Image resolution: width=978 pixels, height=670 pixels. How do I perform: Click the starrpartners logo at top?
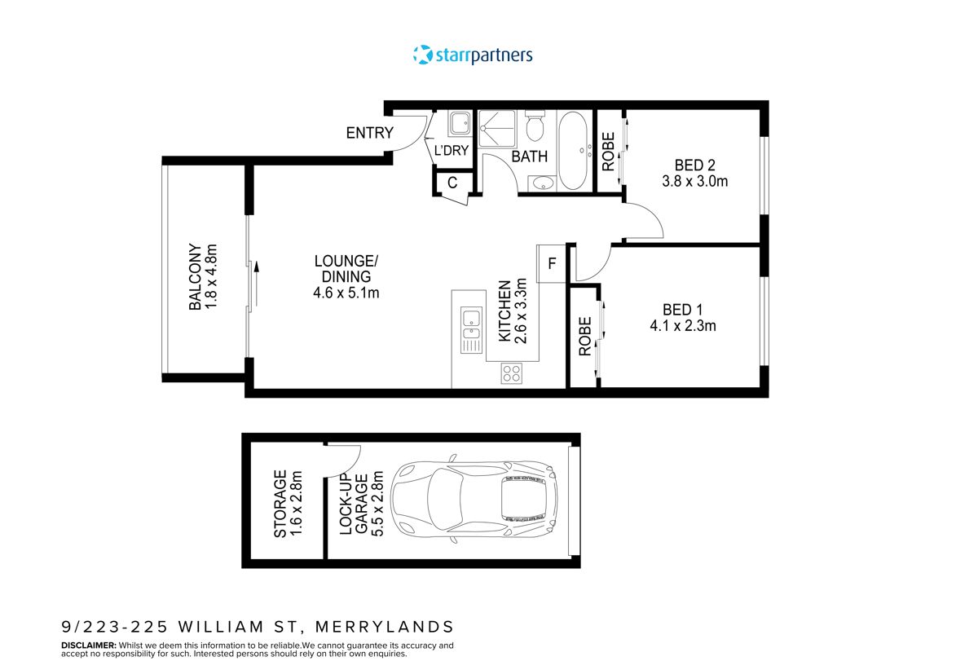(x=473, y=55)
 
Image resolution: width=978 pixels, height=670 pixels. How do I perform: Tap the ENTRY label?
(x=369, y=134)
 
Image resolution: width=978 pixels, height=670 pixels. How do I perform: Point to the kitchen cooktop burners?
(x=512, y=374)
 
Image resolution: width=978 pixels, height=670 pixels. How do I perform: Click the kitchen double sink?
(x=470, y=324)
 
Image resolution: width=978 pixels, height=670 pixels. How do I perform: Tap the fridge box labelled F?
(x=552, y=263)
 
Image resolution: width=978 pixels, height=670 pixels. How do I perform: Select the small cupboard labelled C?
(x=452, y=184)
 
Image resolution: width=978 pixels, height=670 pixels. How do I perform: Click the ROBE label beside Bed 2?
(x=608, y=152)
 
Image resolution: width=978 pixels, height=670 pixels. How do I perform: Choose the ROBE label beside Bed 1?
(x=584, y=337)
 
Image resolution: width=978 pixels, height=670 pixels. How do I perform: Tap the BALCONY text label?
(x=195, y=277)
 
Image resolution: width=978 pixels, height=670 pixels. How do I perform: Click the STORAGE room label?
(x=280, y=503)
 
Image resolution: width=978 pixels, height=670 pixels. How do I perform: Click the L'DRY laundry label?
(x=451, y=151)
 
